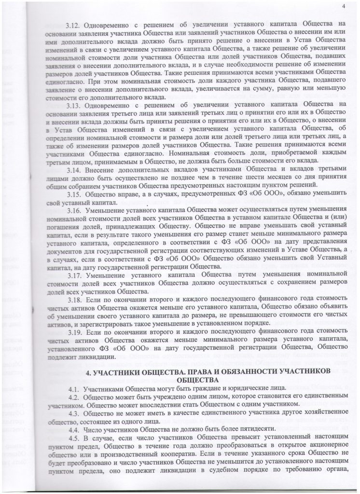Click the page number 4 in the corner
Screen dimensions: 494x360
pyautogui.click(x=344, y=6)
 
